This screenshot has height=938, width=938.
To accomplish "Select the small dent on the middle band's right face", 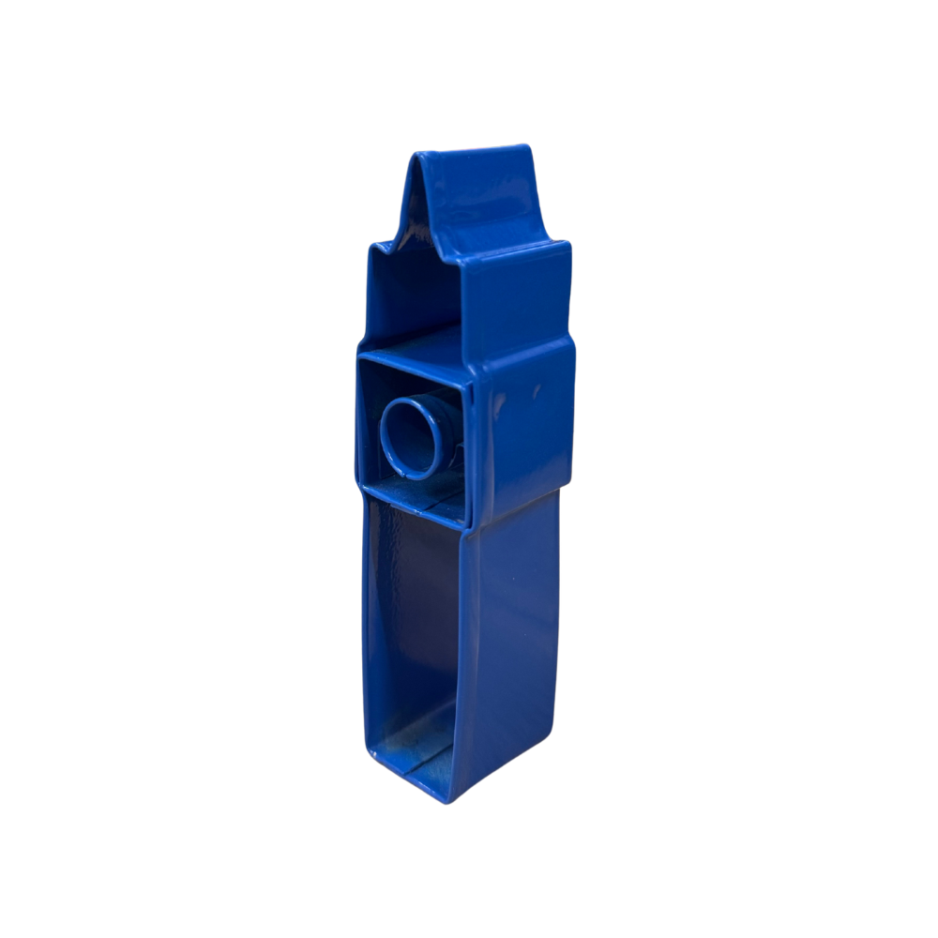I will [537, 386].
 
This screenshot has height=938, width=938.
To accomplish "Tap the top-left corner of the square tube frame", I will [360, 355].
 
